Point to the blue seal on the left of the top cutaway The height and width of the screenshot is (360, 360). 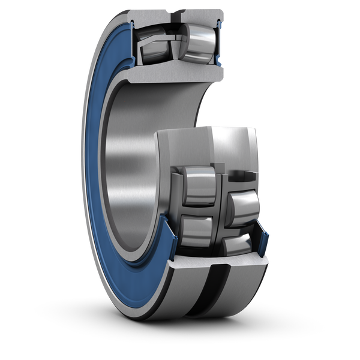(128, 45)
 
